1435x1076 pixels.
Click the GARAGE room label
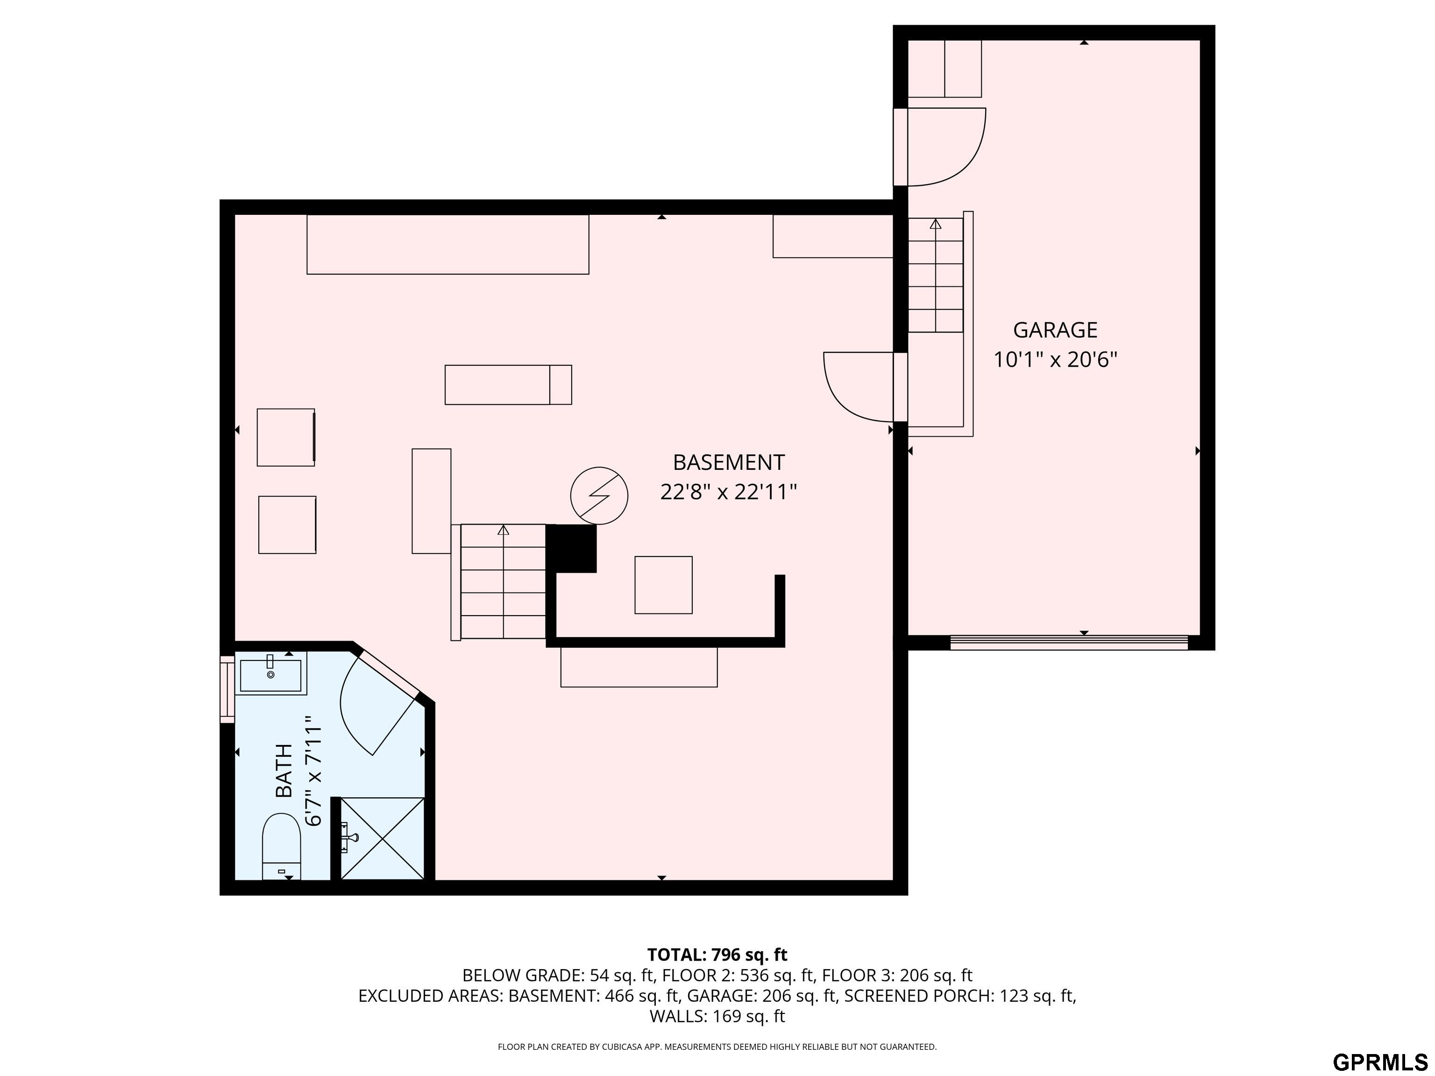coord(1055,330)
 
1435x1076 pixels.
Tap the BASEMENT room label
coord(729,462)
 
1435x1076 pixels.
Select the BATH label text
coord(284,771)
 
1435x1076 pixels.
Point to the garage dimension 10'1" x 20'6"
coord(1056,359)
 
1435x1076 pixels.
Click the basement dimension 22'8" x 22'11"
coord(729,492)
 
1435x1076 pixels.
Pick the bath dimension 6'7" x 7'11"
coord(313,771)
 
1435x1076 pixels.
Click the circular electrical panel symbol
coord(599,496)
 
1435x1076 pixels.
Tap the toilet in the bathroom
coord(282,846)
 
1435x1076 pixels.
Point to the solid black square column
coord(572,548)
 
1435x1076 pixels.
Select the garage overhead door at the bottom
coord(1069,642)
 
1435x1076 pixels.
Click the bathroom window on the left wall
coord(227,689)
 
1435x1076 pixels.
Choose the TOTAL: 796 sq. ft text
coord(717,955)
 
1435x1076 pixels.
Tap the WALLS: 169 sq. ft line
coord(717,1016)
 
